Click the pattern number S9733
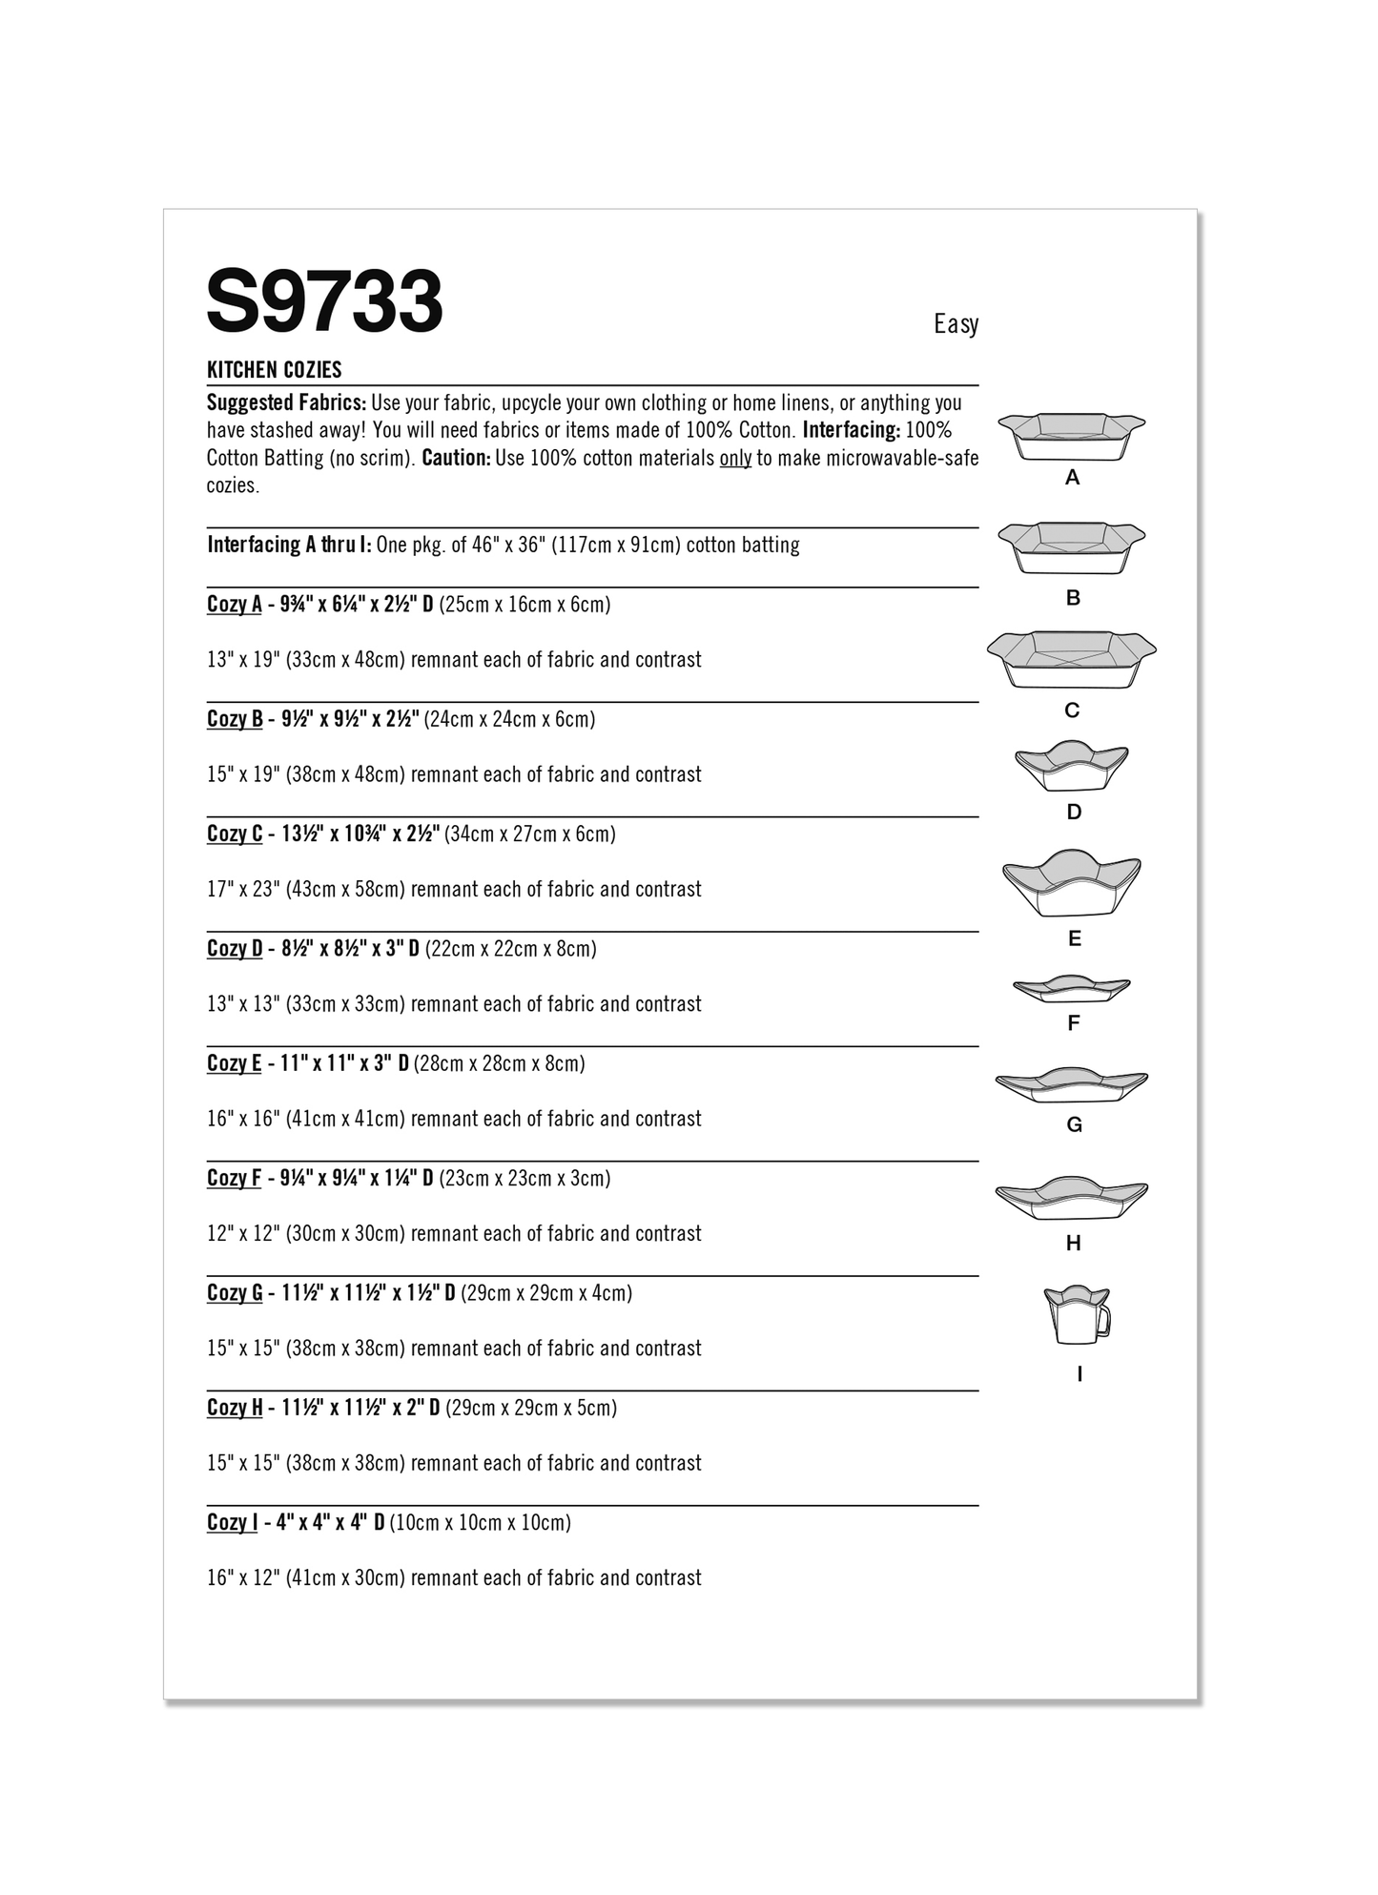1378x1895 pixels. coord(324,301)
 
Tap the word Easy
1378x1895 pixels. coord(956,324)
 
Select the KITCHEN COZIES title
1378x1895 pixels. coord(275,370)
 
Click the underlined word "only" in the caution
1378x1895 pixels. coord(735,458)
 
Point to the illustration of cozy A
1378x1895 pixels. coord(1071,436)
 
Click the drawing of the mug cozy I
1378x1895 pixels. coord(1078,1314)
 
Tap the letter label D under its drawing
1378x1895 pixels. coord(1074,813)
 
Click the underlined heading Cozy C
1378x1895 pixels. coord(235,834)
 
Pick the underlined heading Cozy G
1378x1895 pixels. coord(235,1293)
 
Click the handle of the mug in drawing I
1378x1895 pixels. coord(1104,1322)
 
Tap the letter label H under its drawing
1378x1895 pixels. coord(1073,1244)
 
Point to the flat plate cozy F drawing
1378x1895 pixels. coord(1071,988)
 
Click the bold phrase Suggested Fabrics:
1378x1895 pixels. coord(286,402)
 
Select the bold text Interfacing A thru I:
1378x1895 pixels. coord(289,545)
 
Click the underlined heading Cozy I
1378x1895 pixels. coord(233,1522)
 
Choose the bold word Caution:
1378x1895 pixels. coord(456,458)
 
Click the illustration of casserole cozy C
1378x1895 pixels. coord(1071,659)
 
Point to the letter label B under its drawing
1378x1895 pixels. coord(1073,598)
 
